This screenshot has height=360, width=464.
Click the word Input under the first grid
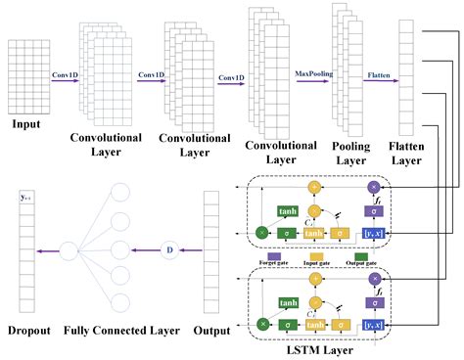pos(26,125)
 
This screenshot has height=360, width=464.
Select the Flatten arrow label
pos(378,73)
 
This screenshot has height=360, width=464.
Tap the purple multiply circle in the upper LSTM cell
pos(372,186)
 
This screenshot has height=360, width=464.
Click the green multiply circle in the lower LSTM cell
pos(262,321)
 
